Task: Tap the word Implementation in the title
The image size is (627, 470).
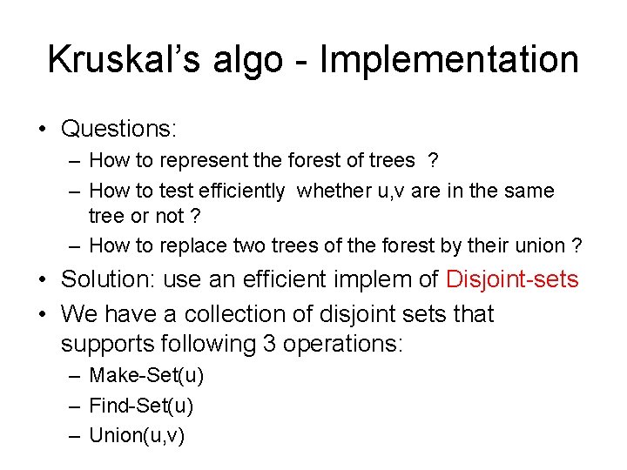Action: click(x=450, y=60)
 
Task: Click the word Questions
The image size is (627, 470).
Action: click(x=118, y=130)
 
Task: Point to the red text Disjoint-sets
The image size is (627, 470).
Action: click(x=512, y=279)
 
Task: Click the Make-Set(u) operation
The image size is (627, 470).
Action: click(x=146, y=376)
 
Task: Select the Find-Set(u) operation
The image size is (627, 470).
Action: click(x=141, y=406)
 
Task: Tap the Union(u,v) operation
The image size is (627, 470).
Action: click(x=137, y=435)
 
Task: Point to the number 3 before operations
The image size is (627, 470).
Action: click(x=269, y=344)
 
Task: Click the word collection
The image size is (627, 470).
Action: click(x=226, y=313)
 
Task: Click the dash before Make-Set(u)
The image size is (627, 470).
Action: click(x=75, y=376)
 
